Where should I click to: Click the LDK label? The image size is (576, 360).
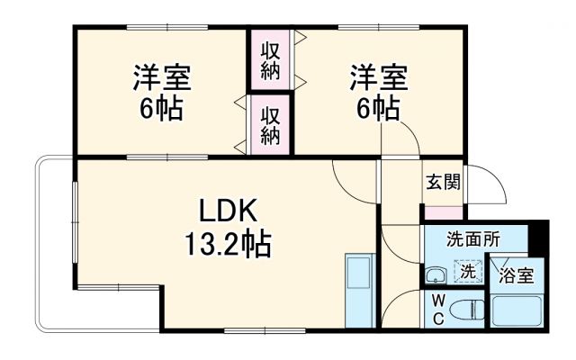[229, 212]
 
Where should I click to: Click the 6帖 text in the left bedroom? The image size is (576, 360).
[162, 108]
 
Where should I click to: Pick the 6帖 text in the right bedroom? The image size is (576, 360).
[379, 108]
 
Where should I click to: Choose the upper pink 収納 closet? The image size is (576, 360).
[270, 59]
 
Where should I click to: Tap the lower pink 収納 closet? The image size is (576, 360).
[270, 125]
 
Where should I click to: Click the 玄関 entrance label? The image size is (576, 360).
[443, 183]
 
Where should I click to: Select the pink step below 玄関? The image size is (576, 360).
[443, 213]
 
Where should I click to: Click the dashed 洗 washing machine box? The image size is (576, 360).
[467, 269]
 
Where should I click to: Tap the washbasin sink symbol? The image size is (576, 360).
[435, 275]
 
